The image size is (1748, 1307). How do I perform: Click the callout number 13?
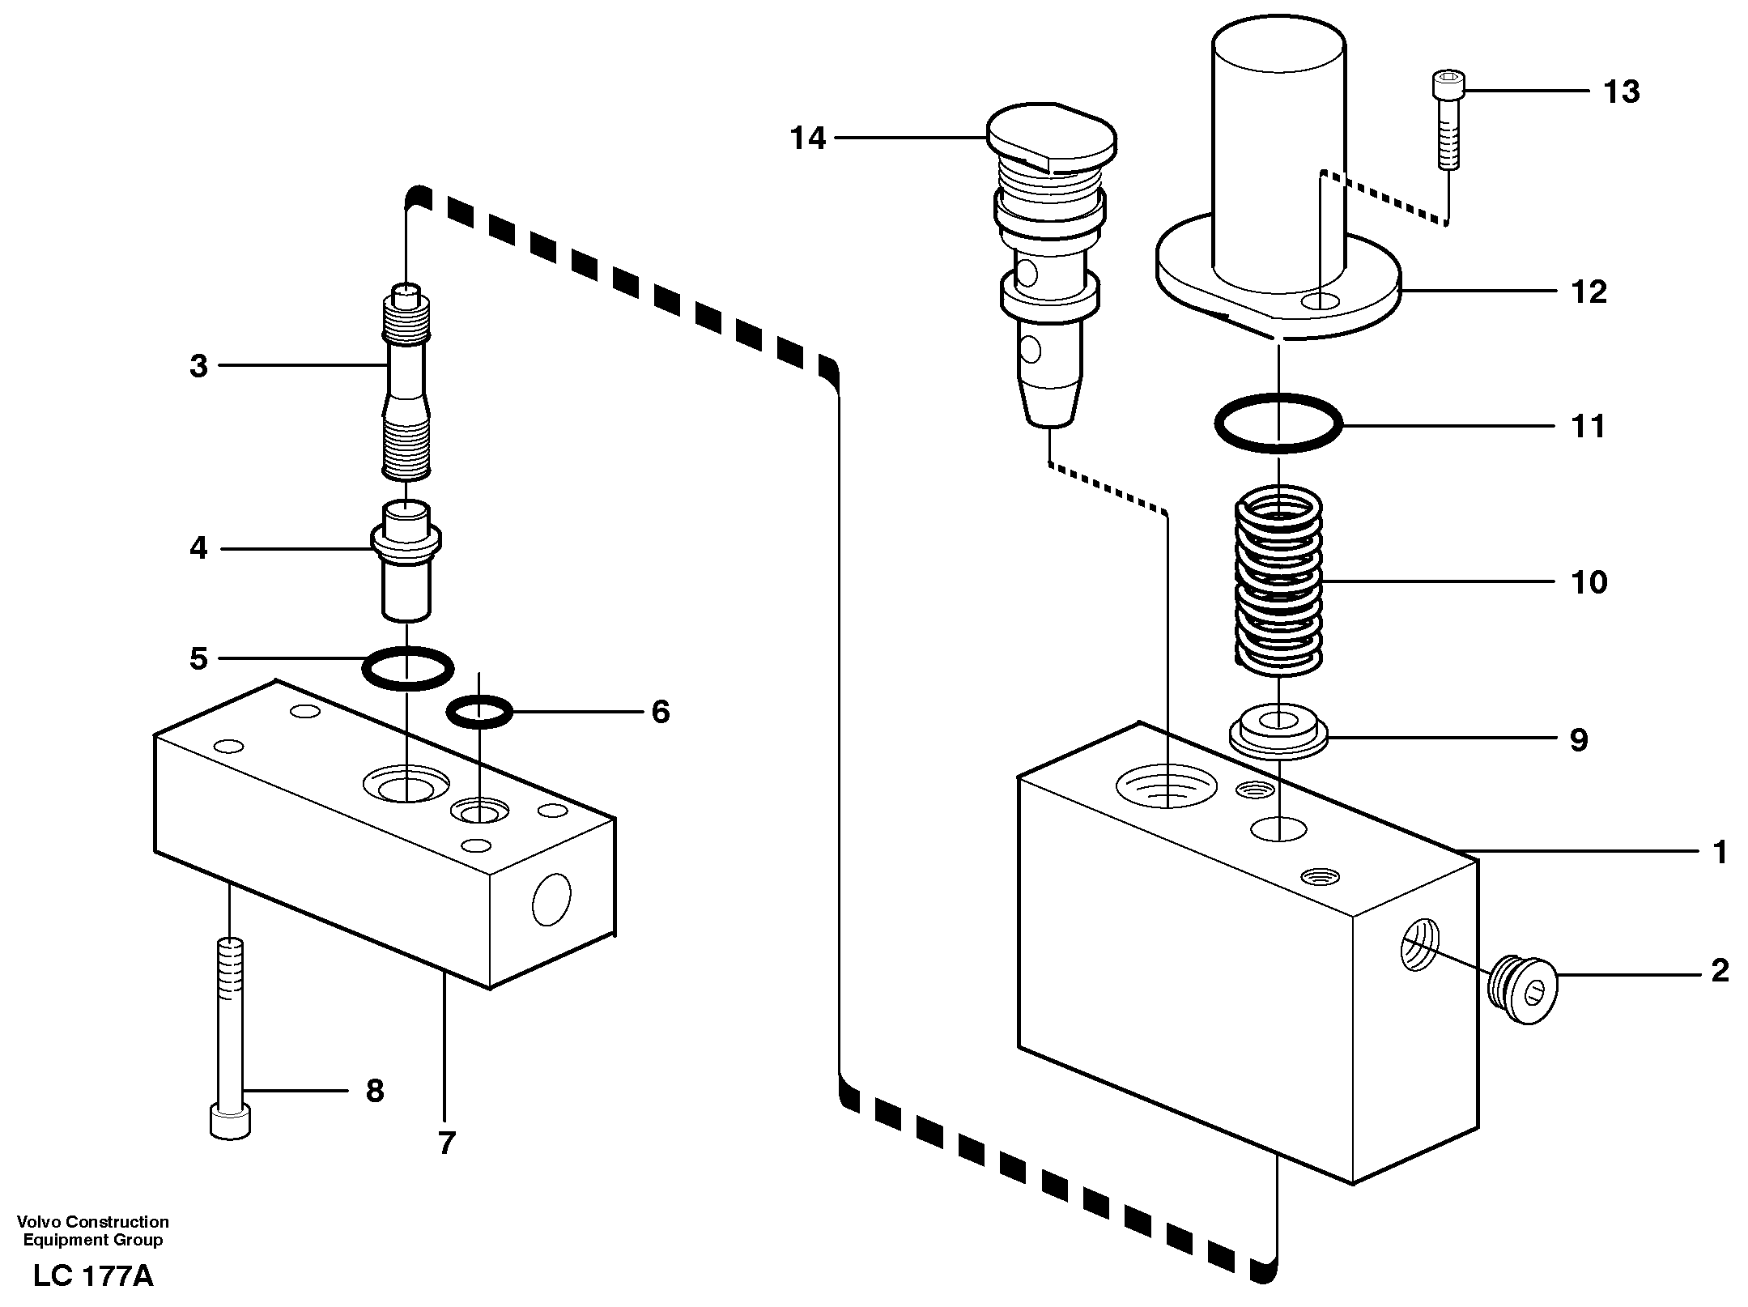1621,92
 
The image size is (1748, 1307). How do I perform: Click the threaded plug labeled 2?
1524,991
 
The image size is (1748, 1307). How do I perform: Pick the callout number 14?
807,139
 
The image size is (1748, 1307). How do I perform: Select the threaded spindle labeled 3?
406,381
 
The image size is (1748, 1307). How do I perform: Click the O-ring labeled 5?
407,668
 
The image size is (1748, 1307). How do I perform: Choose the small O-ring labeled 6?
479,711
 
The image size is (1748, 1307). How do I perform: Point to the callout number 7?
447,1143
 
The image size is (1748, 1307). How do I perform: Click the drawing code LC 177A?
93,1277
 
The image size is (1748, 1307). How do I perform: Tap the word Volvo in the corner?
39,1222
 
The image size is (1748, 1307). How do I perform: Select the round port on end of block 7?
551,899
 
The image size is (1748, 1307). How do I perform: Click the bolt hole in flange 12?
1320,302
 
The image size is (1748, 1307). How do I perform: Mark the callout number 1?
1720,852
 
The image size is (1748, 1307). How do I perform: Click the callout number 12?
1588,292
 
